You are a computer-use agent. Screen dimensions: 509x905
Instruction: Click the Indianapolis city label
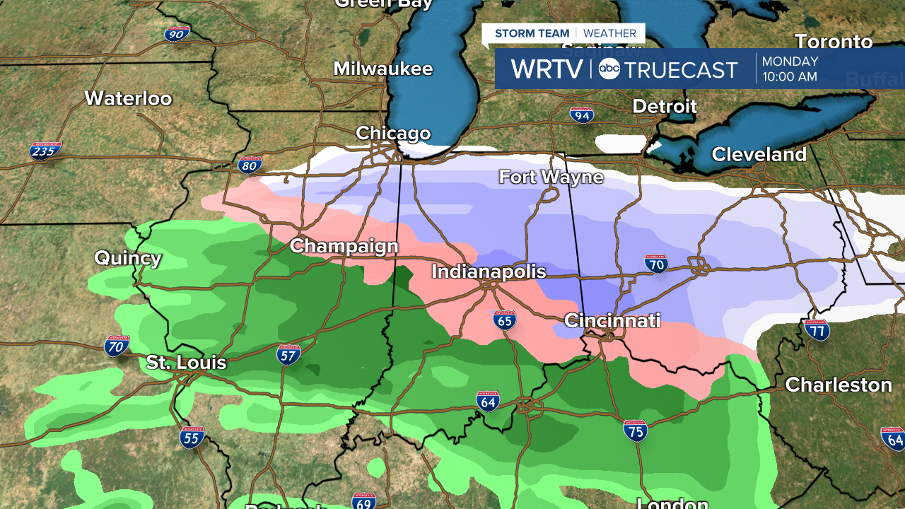[489, 271]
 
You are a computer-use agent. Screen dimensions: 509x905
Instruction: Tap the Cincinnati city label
[612, 321]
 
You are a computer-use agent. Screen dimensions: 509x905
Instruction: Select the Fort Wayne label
[551, 177]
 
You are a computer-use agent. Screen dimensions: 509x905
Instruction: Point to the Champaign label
[344, 246]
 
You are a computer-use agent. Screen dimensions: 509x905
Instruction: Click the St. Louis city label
[186, 363]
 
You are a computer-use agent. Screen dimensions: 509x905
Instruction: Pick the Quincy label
[128, 258]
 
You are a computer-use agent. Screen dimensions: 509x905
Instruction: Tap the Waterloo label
[128, 98]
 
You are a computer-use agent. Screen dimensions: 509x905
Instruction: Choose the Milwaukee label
[383, 69]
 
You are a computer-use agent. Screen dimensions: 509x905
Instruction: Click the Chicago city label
[393, 133]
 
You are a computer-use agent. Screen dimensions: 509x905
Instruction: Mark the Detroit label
[664, 107]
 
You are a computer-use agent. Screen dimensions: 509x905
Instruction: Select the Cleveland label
[759, 154]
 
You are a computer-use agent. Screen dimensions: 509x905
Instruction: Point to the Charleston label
[839, 385]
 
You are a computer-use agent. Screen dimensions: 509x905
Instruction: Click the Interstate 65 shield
[504, 320]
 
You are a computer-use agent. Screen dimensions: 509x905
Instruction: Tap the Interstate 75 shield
[636, 430]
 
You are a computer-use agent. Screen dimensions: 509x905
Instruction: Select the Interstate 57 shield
[288, 353]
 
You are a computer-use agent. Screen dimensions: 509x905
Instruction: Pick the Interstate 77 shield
[816, 329]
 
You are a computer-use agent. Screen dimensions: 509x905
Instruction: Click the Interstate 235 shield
[45, 151]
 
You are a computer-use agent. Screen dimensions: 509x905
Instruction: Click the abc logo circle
[609, 69]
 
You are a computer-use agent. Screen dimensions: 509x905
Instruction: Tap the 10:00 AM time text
[789, 76]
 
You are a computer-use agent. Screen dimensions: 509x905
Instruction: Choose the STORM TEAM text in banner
[532, 33]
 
